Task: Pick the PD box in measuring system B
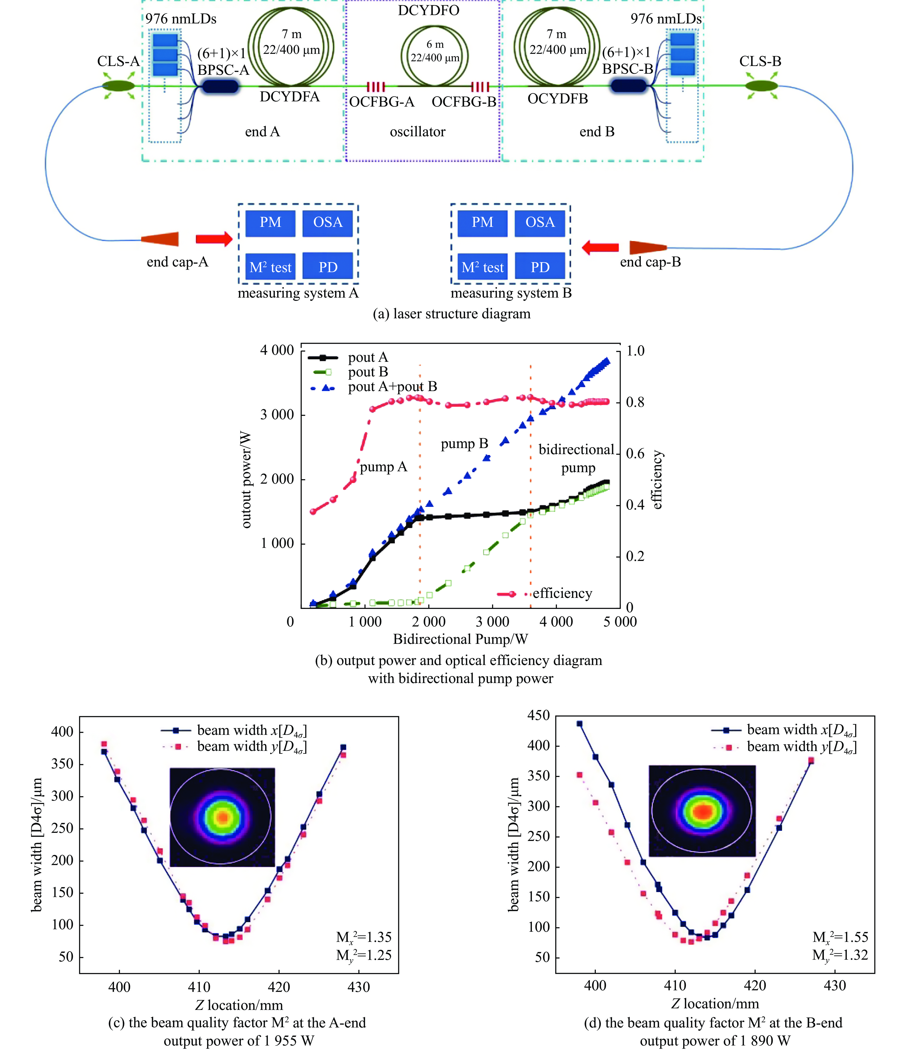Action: tap(540, 267)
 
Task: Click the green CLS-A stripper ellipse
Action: tap(118, 86)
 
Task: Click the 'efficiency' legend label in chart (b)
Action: tap(562, 593)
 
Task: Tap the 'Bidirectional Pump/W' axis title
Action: tap(460, 639)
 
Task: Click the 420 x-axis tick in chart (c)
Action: tap(279, 987)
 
